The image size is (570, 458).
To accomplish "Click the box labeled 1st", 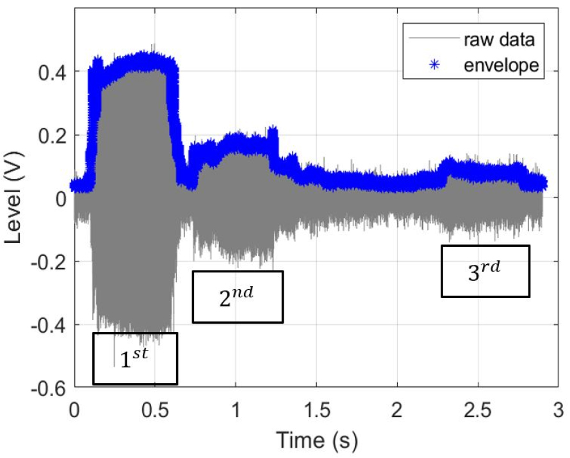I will pyautogui.click(x=135, y=358).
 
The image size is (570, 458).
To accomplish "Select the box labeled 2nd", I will pyautogui.click(x=238, y=297).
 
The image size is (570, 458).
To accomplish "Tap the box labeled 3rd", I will pyautogui.click(x=485, y=271).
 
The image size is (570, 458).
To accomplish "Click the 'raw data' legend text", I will pyautogui.click(x=499, y=40).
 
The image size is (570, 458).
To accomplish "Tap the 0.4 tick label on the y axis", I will pyautogui.click(x=51, y=72).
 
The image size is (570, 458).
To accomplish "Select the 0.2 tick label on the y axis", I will pyautogui.click(x=51, y=135).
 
